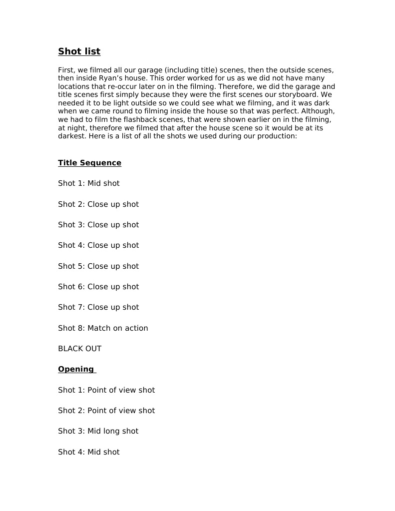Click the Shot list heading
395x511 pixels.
(79, 51)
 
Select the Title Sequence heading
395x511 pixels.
(89, 163)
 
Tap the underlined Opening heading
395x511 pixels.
(76, 369)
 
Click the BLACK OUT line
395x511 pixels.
(79, 349)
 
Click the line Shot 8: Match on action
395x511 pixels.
(103, 328)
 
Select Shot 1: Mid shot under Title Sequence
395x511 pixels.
(89, 183)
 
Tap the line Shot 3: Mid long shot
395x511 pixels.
(98, 431)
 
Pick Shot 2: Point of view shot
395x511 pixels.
(106, 411)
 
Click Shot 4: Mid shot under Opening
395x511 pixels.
(89, 452)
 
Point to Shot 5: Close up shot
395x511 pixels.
(98, 266)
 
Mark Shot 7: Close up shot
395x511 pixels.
(98, 307)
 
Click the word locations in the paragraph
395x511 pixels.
(74, 86)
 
